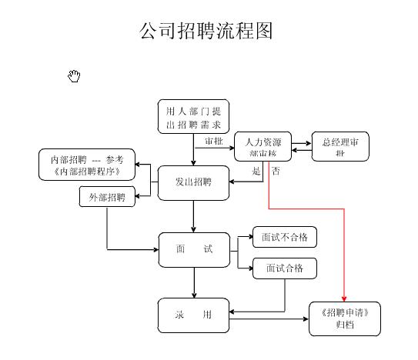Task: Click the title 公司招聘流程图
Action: (206, 32)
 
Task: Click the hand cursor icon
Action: (75, 75)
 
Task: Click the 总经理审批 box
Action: (339, 147)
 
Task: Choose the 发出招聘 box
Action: (194, 183)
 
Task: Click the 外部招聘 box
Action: (107, 198)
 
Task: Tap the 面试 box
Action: (194, 250)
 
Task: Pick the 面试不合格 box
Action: (284, 238)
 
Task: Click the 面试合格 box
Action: (284, 268)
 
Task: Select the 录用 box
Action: (194, 315)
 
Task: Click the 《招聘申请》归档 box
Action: (344, 318)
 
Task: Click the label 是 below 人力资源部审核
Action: (256, 171)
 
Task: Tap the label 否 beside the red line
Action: (276, 171)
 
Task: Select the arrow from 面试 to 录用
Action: (194, 283)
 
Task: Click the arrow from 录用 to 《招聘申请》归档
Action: (269, 318)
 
